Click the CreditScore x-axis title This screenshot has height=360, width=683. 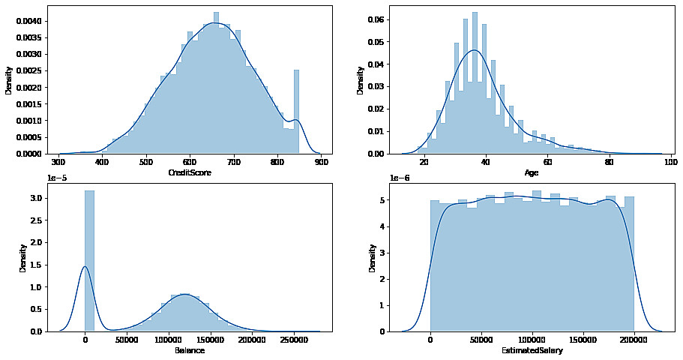point(190,172)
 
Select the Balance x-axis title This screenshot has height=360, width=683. point(190,350)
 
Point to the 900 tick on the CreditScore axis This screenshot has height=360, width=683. point(322,160)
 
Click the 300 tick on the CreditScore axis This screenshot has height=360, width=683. point(58,160)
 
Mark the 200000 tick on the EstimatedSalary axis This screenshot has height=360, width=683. point(634,339)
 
